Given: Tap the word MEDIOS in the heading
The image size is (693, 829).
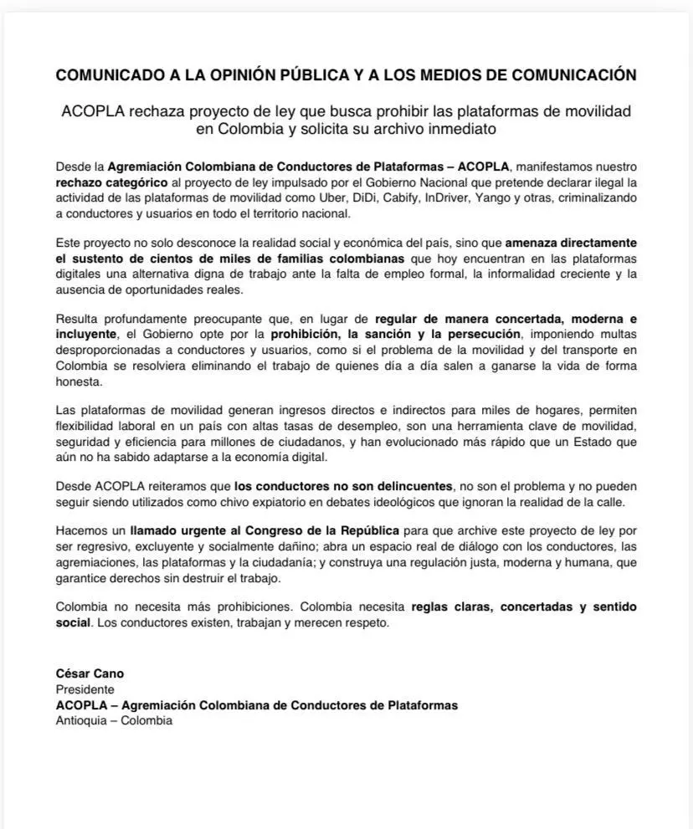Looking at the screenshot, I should tap(444, 75).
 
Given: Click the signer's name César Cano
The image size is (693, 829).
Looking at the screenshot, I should tap(90, 673).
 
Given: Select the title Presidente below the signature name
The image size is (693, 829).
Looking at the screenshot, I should tap(85, 689).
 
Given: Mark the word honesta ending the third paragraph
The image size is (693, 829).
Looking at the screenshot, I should tap(79, 381).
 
